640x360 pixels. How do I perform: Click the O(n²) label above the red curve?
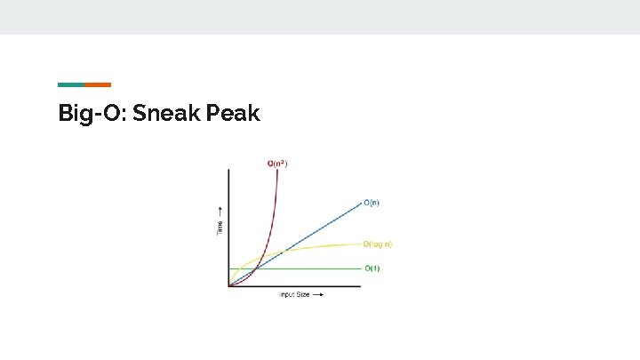[x=277, y=164]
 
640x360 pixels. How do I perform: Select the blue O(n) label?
[x=372, y=203]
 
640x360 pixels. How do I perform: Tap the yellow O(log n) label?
[x=377, y=244]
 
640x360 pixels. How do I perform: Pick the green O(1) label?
[x=372, y=268]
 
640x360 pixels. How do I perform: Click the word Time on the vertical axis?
[x=220, y=228]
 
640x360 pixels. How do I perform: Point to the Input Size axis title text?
[x=294, y=294]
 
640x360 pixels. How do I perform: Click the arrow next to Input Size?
[x=318, y=294]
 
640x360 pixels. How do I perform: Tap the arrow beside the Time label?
[x=220, y=212]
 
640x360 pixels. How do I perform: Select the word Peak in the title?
[x=234, y=113]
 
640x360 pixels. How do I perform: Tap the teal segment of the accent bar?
[x=71, y=84]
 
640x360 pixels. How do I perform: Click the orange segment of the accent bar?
[x=98, y=84]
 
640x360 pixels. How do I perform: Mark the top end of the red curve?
[x=278, y=171]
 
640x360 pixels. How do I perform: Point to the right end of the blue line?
[x=360, y=204]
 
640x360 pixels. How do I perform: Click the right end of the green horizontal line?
[x=360, y=268]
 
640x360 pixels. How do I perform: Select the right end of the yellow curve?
[x=360, y=244]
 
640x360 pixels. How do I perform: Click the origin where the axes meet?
[x=229, y=286]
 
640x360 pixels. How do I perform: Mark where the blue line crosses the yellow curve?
[x=283, y=252]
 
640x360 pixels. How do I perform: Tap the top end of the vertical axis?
[x=229, y=169]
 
